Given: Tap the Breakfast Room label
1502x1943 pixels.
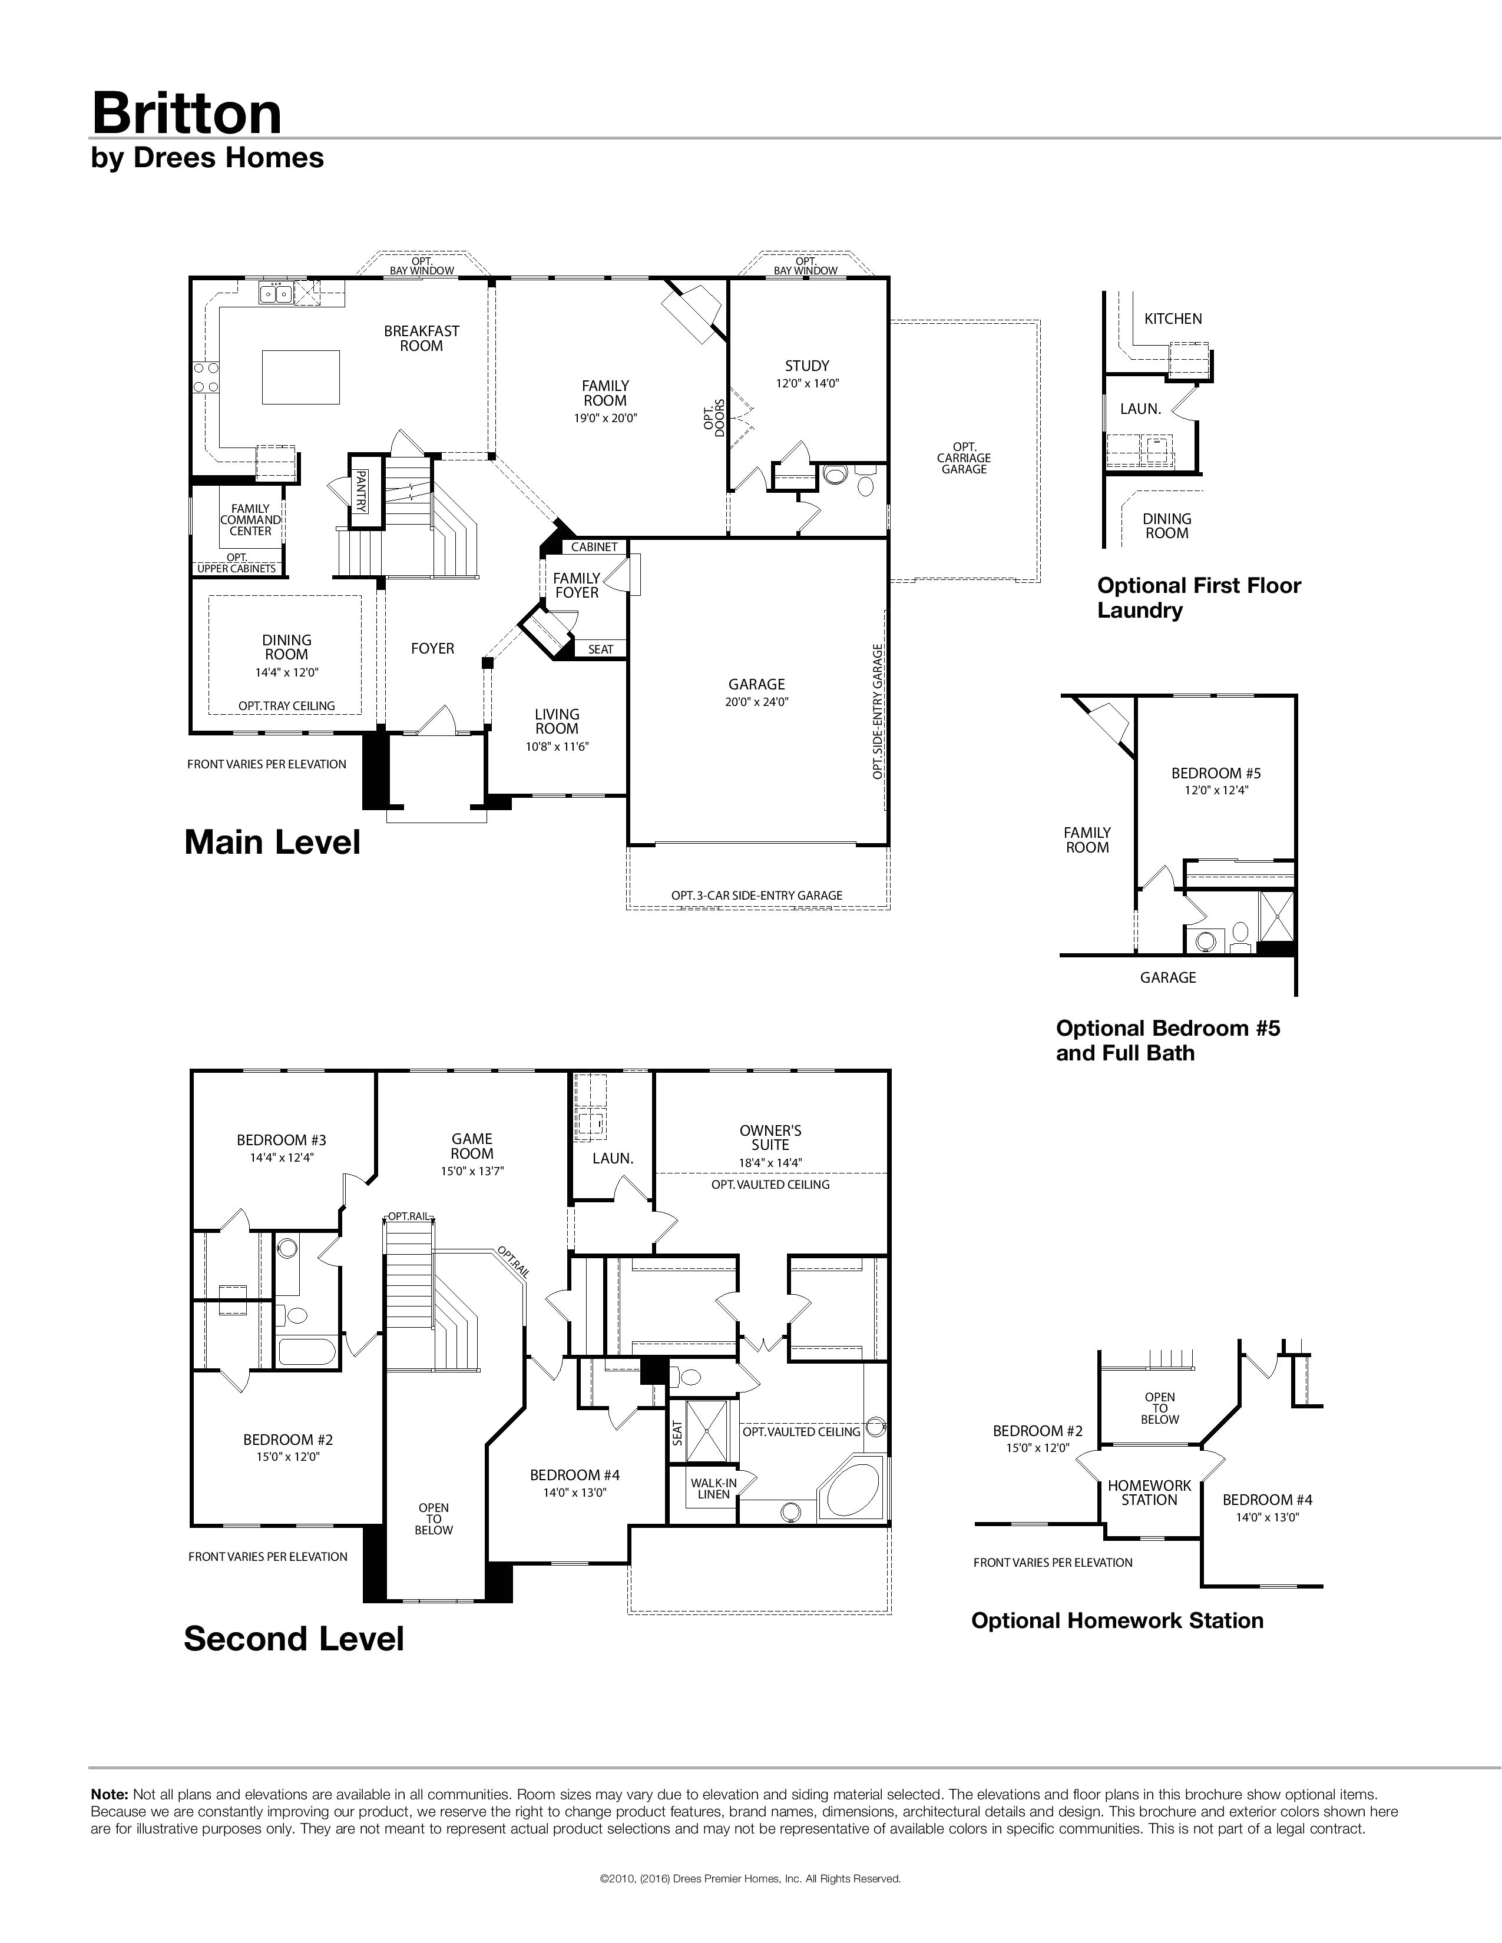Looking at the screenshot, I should click(x=422, y=338).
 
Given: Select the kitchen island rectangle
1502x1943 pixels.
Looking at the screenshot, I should click(x=302, y=376).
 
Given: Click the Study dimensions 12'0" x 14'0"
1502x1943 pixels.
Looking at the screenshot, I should click(x=807, y=383).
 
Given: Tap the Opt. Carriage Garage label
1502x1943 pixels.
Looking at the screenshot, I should click(x=964, y=458).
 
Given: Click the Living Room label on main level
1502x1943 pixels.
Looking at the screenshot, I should click(x=557, y=721).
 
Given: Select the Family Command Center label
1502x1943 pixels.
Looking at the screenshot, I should click(x=251, y=519).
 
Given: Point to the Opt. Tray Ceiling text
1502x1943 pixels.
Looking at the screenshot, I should click(x=286, y=705).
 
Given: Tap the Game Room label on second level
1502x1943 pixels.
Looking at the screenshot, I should click(x=472, y=1146).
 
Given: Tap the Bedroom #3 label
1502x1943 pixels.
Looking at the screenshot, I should click(x=281, y=1140).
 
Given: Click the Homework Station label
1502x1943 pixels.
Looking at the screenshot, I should click(x=1149, y=1492).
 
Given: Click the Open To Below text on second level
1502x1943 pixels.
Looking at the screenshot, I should click(x=434, y=1518).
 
